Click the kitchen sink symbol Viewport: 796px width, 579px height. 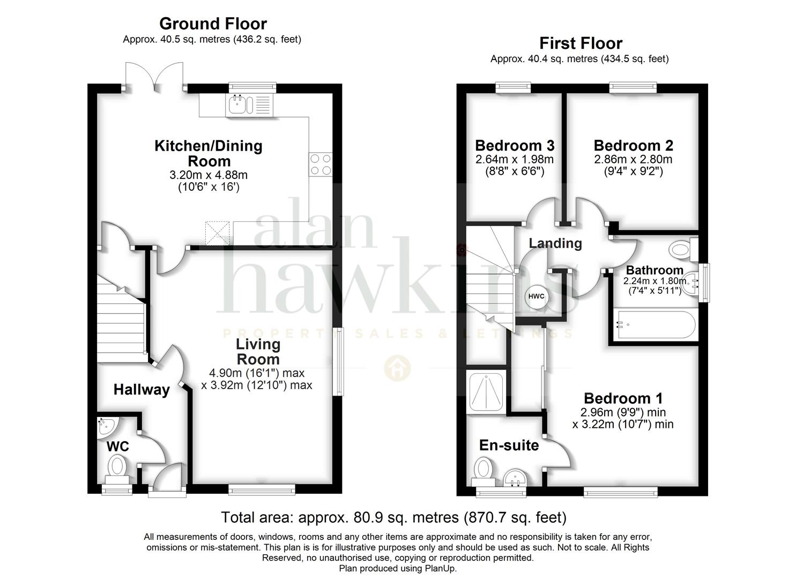click(x=249, y=105)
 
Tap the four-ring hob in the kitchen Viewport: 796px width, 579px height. click(x=321, y=164)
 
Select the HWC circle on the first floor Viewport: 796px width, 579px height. click(x=536, y=296)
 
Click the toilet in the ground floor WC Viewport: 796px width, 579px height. click(x=117, y=470)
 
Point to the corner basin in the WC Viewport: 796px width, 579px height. click(x=106, y=427)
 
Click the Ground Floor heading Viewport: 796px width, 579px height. click(x=213, y=24)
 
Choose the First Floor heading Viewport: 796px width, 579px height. click(x=581, y=43)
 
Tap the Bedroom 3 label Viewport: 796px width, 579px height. click(x=515, y=145)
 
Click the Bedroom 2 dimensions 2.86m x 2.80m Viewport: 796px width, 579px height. click(x=633, y=159)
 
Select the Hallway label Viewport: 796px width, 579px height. click(x=142, y=390)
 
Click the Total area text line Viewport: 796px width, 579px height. click(x=394, y=517)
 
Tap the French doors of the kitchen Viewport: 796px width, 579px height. click(x=154, y=76)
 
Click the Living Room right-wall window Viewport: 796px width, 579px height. click(x=340, y=361)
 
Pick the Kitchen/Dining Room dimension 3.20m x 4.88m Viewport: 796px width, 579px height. click(x=209, y=175)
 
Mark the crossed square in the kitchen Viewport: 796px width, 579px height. click(x=218, y=233)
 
